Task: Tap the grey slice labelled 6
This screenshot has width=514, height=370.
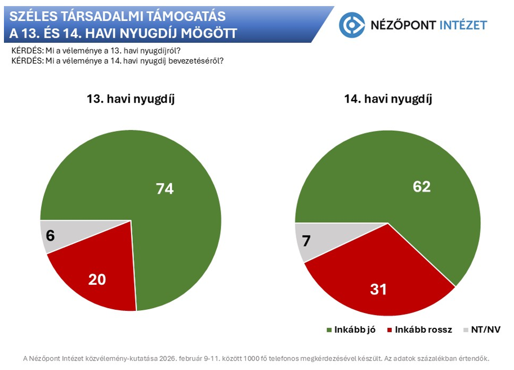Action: (53, 235)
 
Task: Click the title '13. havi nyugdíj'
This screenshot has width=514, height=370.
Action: (131, 99)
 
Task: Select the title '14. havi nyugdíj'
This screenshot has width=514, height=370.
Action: (388, 99)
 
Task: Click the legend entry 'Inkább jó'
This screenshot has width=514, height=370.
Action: (355, 330)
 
